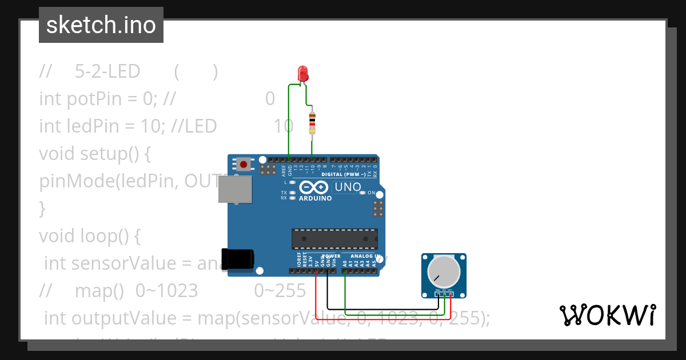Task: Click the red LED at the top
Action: coord(303,74)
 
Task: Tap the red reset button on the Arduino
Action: coord(244,165)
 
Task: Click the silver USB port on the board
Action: coord(234,189)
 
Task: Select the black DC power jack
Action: coord(238,259)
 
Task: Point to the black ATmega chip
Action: coord(334,238)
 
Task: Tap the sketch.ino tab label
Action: coord(101,25)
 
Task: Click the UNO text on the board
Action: coord(348,187)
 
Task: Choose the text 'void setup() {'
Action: coord(94,154)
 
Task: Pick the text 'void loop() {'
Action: coord(89,235)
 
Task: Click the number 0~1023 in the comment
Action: coord(166,291)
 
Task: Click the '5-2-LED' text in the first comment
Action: coord(107,71)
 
